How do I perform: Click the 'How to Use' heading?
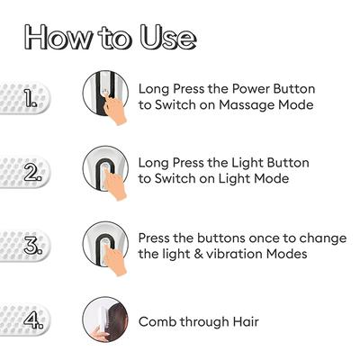coord(109,37)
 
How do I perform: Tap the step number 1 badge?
coord(27,97)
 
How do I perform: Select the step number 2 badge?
coord(27,171)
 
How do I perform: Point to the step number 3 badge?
coord(27,245)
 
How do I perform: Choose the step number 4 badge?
coord(27,319)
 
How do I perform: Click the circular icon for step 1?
coord(105,96)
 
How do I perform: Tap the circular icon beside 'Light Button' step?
coord(105,170)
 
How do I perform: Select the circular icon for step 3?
coord(105,244)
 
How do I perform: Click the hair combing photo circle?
coord(105,319)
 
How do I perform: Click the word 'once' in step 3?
coord(251,237)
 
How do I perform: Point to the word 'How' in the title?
coord(56,37)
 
